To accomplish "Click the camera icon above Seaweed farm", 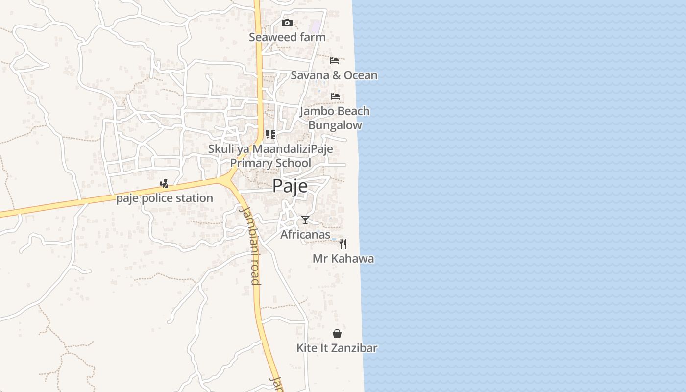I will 287,23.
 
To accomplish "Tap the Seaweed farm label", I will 287,37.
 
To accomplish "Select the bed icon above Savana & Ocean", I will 334,61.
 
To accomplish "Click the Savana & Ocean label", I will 334,75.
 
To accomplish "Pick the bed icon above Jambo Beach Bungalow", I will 335,96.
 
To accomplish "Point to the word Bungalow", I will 335,125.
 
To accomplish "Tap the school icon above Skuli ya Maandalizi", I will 270,134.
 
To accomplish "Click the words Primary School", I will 270,163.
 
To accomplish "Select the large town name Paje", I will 290,186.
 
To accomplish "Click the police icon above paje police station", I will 165,184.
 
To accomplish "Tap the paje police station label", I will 165,198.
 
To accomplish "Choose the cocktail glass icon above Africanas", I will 305,220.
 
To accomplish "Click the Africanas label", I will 305,235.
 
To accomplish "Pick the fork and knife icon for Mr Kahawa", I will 343,244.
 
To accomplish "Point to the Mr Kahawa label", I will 343,259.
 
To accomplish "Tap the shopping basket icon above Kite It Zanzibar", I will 337,334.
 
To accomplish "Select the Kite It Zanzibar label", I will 337,348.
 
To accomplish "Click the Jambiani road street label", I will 250,245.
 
